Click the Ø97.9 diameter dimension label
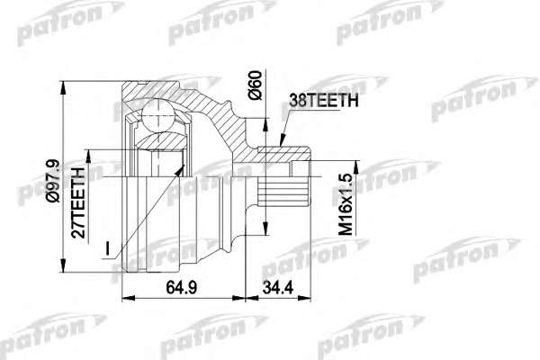pyautogui.click(x=53, y=181)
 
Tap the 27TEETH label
pyautogui.click(x=78, y=202)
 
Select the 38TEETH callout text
pyautogui.click(x=324, y=101)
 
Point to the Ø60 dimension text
pyautogui.click(x=256, y=85)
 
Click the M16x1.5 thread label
pyautogui.click(x=346, y=204)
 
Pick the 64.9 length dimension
pyautogui.click(x=182, y=287)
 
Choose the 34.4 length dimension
pyautogui.click(x=278, y=287)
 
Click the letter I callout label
pyautogui.click(x=108, y=248)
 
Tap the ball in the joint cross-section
pyautogui.click(x=157, y=116)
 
